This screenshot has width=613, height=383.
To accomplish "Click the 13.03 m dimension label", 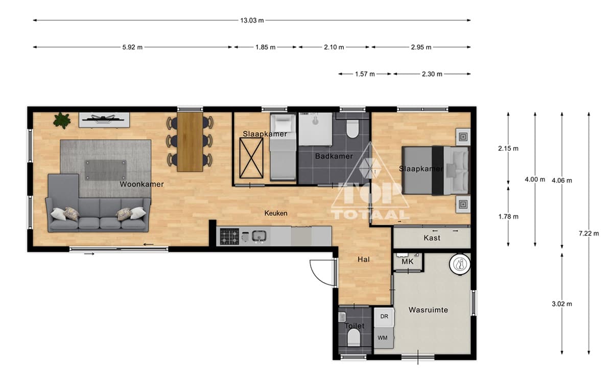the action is pyautogui.click(x=252, y=20).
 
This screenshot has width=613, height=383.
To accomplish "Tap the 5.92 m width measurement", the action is pyautogui.click(x=132, y=47).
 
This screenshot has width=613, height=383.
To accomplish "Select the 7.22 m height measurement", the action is pyautogui.click(x=588, y=233).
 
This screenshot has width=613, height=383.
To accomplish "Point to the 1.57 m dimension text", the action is pyautogui.click(x=365, y=74).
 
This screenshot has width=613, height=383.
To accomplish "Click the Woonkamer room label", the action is pyautogui.click(x=142, y=184).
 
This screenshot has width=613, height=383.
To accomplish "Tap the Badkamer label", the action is pyautogui.click(x=334, y=156).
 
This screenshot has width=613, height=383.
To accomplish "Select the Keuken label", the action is pyautogui.click(x=276, y=213).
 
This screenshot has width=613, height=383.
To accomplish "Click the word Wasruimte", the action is pyautogui.click(x=428, y=310).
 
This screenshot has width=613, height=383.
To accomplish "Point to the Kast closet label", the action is pyautogui.click(x=432, y=238).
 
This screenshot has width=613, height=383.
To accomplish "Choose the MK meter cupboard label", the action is pyautogui.click(x=408, y=261).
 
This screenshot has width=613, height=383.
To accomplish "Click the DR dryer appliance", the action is pyautogui.click(x=384, y=317).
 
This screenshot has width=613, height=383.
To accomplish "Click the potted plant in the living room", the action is pyautogui.click(x=62, y=121).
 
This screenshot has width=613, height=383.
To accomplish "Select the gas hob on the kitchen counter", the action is pyautogui.click(x=229, y=236).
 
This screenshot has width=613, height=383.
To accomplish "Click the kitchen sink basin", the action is pyautogui.click(x=258, y=236).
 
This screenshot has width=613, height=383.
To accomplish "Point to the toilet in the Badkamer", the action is pyautogui.click(x=352, y=129).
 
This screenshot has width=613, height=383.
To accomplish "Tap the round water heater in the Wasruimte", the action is pyautogui.click(x=460, y=264).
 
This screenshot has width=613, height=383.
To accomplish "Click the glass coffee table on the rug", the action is pyautogui.click(x=106, y=170).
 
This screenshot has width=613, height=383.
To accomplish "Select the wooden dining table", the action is pyautogui.click(x=190, y=142).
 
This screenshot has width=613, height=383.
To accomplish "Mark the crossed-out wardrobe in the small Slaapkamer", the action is pyautogui.click(x=251, y=158).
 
